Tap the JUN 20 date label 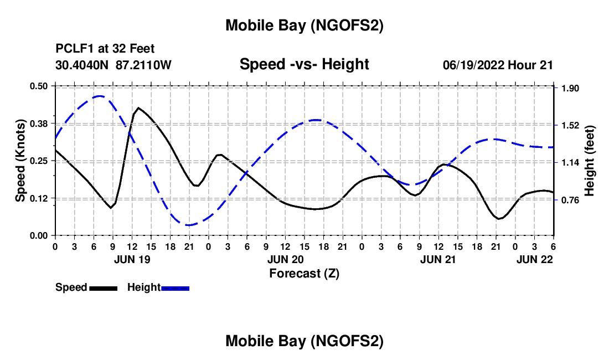(285, 259)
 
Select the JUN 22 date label (534, 259)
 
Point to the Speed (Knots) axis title (20, 161)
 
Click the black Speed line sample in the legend (103, 288)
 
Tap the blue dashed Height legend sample (175, 288)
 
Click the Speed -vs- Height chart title (304, 64)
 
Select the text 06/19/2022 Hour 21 (498, 65)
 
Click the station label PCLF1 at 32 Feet (105, 49)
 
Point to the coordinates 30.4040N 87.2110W (113, 65)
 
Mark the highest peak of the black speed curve (138, 108)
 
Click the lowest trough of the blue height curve (189, 225)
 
